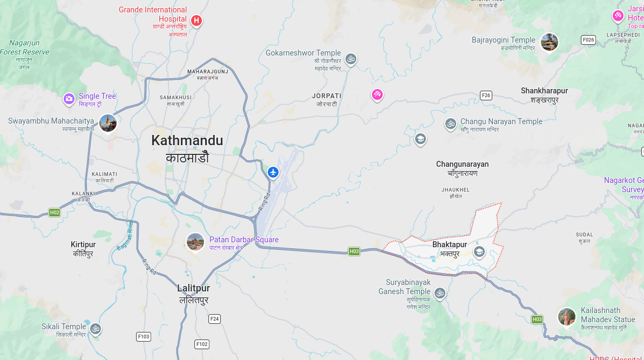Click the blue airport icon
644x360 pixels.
[x=273, y=172]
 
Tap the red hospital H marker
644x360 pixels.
[x=196, y=21]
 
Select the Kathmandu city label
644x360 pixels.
[x=187, y=141]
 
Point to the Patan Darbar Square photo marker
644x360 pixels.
[x=195, y=242]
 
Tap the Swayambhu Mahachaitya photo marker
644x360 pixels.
[x=108, y=123]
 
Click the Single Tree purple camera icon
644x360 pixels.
[x=69, y=98]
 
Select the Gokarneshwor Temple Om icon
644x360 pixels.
[x=351, y=58]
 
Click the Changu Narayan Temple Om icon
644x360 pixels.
[x=450, y=124]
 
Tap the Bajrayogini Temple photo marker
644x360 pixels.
[x=549, y=42]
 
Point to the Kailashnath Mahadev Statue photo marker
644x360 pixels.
[x=566, y=316]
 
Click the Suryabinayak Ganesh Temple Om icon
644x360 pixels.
[x=440, y=293]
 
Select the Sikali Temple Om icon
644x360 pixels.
[x=96, y=328]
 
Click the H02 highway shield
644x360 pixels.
[x=54, y=213]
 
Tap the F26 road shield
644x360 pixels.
[x=486, y=96]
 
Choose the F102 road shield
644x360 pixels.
[x=202, y=344]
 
